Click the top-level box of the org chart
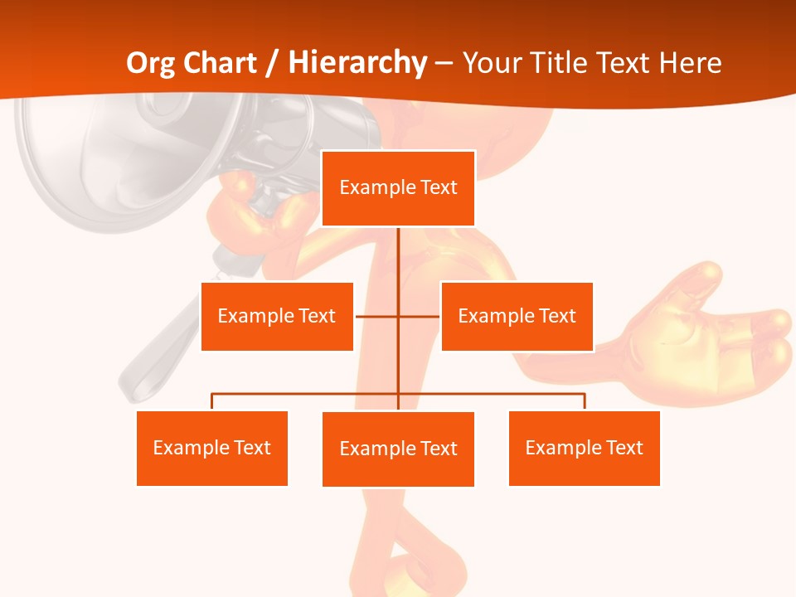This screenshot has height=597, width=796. [398, 188]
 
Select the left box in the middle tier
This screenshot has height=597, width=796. [277, 316]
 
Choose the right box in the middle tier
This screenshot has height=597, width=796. [517, 316]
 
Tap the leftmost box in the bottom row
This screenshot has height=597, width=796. [212, 448]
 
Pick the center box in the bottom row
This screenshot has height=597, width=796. [398, 449]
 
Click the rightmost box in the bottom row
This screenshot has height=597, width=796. [584, 448]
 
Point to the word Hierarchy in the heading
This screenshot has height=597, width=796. [357, 63]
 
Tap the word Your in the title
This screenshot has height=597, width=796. [493, 63]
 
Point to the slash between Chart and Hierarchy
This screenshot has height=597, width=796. [273, 63]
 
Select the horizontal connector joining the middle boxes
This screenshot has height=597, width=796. [398, 316]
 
